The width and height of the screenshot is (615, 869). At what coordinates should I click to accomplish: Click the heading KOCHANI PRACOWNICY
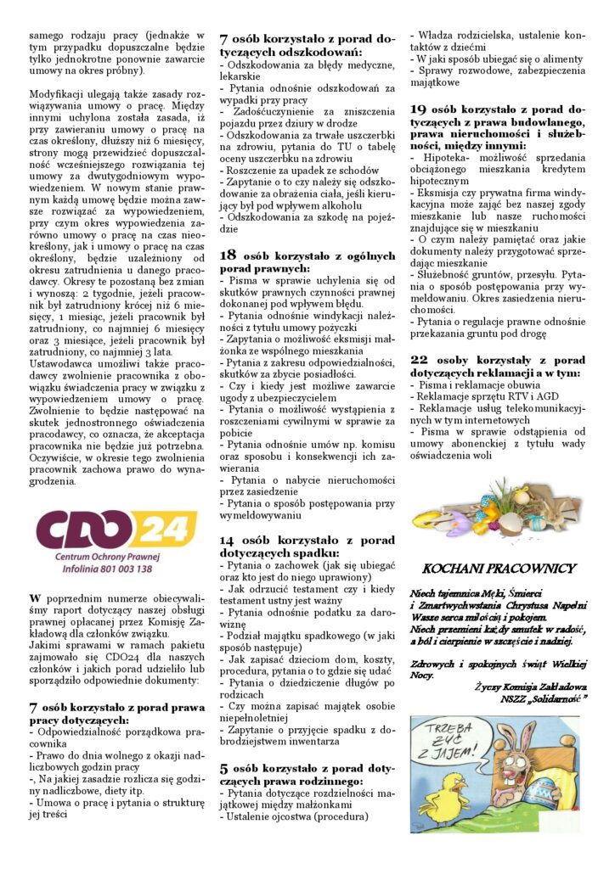(x=499, y=569)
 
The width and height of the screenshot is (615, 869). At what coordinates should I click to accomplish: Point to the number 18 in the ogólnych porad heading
(x=229, y=255)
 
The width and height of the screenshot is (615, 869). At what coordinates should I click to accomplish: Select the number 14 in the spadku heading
(x=229, y=540)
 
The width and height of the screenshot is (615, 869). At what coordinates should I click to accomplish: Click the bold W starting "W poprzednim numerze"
(x=35, y=597)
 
